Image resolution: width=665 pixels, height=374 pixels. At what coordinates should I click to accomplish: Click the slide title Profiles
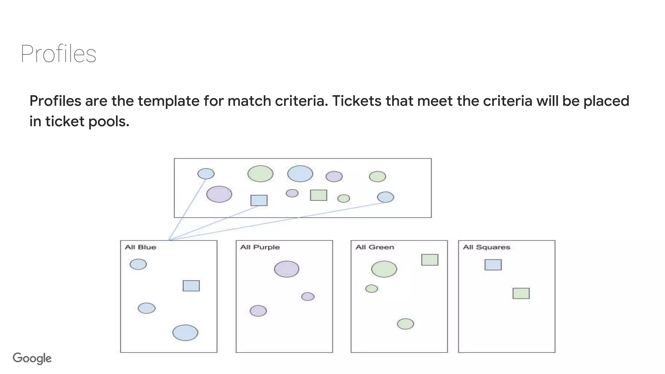[x=58, y=54]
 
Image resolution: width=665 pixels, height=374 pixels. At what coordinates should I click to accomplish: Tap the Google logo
[x=32, y=358]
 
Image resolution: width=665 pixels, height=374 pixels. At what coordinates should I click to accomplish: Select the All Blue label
[x=140, y=247]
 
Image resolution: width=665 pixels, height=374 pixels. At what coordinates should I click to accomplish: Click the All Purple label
[x=260, y=247]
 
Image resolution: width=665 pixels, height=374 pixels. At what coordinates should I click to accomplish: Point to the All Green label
[x=375, y=247]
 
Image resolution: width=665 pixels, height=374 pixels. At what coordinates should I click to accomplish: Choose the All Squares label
[x=486, y=247]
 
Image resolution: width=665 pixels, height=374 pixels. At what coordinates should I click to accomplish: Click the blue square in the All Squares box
[x=493, y=265]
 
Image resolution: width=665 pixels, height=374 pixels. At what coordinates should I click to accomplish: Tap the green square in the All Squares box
[x=521, y=293]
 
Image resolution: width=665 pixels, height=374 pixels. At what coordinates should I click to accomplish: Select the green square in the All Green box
[x=430, y=260]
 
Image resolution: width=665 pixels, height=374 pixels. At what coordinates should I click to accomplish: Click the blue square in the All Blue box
[x=191, y=286]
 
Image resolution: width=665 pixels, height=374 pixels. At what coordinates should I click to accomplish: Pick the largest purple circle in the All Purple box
[x=286, y=269]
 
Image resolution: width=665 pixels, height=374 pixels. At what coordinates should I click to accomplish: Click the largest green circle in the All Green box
[x=384, y=269]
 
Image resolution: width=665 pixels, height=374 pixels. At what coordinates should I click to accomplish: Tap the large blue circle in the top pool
[x=300, y=174]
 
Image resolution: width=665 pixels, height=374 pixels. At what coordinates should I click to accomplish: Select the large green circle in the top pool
[x=260, y=174]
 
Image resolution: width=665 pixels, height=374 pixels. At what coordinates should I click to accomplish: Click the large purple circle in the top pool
[x=219, y=194]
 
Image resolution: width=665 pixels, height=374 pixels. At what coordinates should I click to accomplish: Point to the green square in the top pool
[x=318, y=195]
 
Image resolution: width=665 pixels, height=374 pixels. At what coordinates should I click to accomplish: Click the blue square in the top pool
[x=259, y=200]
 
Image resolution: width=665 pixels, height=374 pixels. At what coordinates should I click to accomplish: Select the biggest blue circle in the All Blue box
[x=185, y=332]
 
